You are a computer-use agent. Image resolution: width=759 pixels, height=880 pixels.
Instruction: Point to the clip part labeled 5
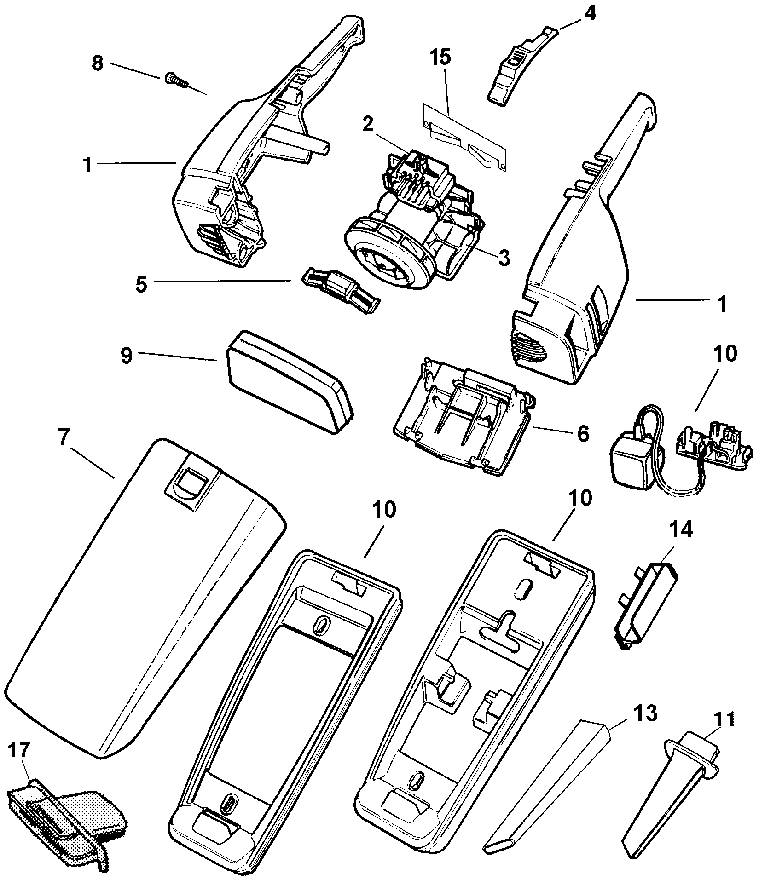341,289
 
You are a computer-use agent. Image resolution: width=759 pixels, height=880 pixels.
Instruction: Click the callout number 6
582,433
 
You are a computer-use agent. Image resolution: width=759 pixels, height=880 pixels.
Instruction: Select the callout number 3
505,259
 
